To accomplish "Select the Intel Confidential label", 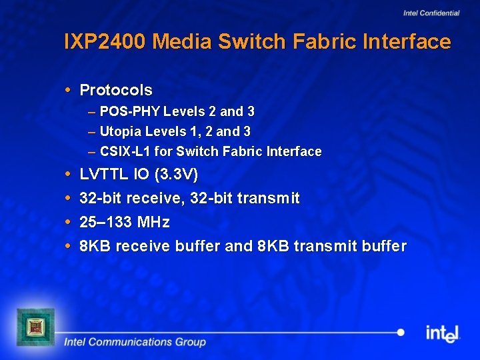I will [431, 13].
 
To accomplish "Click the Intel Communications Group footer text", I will [135, 342].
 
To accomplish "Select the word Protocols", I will [116, 90].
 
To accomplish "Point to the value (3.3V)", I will [175, 175].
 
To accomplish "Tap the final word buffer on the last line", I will [384, 246].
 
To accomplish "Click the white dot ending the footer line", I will [400, 332].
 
